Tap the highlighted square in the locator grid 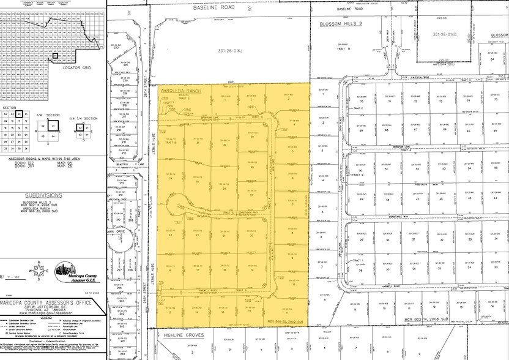click(x=56, y=56)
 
